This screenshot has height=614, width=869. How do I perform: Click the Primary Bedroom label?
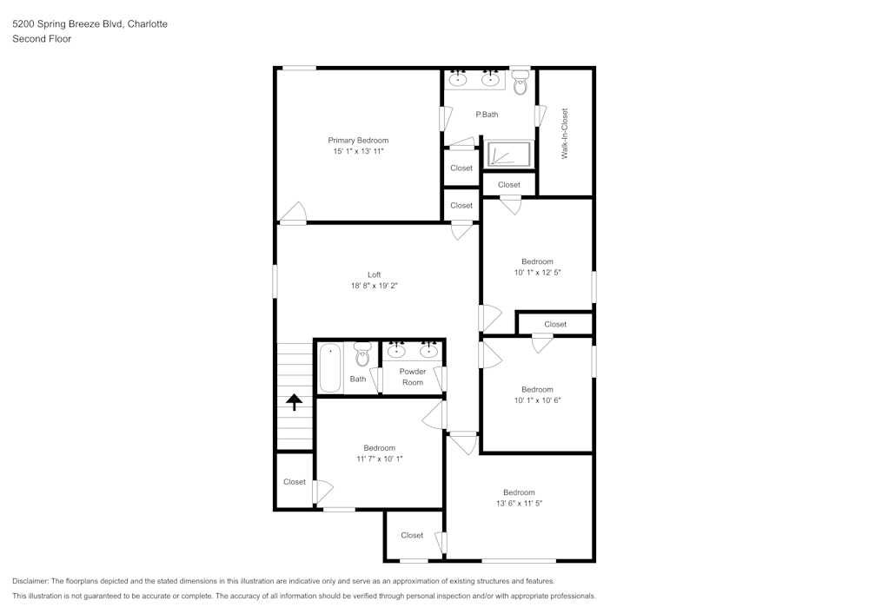pyautogui.click(x=358, y=140)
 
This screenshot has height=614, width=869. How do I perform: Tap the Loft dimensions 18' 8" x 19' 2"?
pyautogui.click(x=374, y=286)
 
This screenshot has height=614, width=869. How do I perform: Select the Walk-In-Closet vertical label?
pyautogui.click(x=565, y=133)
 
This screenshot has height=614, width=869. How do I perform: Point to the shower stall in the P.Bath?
pyautogui.click(x=507, y=155)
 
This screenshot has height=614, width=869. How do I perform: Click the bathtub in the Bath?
pyautogui.click(x=330, y=368)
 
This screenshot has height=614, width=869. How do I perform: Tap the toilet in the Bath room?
pyautogui.click(x=362, y=354)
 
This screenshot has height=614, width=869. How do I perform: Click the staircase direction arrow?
pyautogui.click(x=295, y=401)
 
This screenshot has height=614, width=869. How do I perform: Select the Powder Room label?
pyautogui.click(x=413, y=377)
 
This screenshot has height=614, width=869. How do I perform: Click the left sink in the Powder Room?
pyautogui.click(x=396, y=351)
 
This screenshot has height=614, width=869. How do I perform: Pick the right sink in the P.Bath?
pyautogui.click(x=492, y=80)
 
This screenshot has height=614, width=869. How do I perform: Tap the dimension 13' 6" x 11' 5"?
pyautogui.click(x=519, y=503)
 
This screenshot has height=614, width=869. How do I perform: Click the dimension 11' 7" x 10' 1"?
pyautogui.click(x=379, y=459)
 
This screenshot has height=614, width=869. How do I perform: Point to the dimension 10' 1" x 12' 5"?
pyautogui.click(x=537, y=272)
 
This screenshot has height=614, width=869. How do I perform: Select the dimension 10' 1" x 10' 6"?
pyautogui.click(x=537, y=400)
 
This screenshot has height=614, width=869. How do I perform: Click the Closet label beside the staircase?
pyautogui.click(x=295, y=482)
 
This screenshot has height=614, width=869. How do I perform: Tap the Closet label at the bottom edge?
pyautogui.click(x=412, y=536)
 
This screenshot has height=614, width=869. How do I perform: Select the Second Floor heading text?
pyautogui.click(x=42, y=39)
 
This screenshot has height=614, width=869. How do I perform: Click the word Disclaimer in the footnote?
pyautogui.click(x=31, y=581)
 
